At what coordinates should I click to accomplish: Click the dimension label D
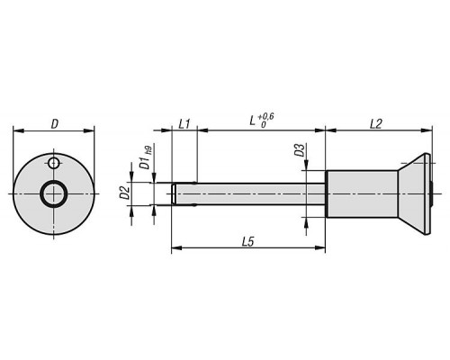tap(54, 123)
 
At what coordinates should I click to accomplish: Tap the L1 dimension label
tap(184, 123)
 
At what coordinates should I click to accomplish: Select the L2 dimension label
tap(375, 123)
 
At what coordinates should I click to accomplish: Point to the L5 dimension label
tap(248, 242)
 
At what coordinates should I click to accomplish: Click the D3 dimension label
tap(299, 150)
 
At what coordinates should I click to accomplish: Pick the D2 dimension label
tap(124, 193)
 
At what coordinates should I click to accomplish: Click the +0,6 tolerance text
tap(265, 116)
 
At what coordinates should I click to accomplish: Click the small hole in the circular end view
tap(53, 163)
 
